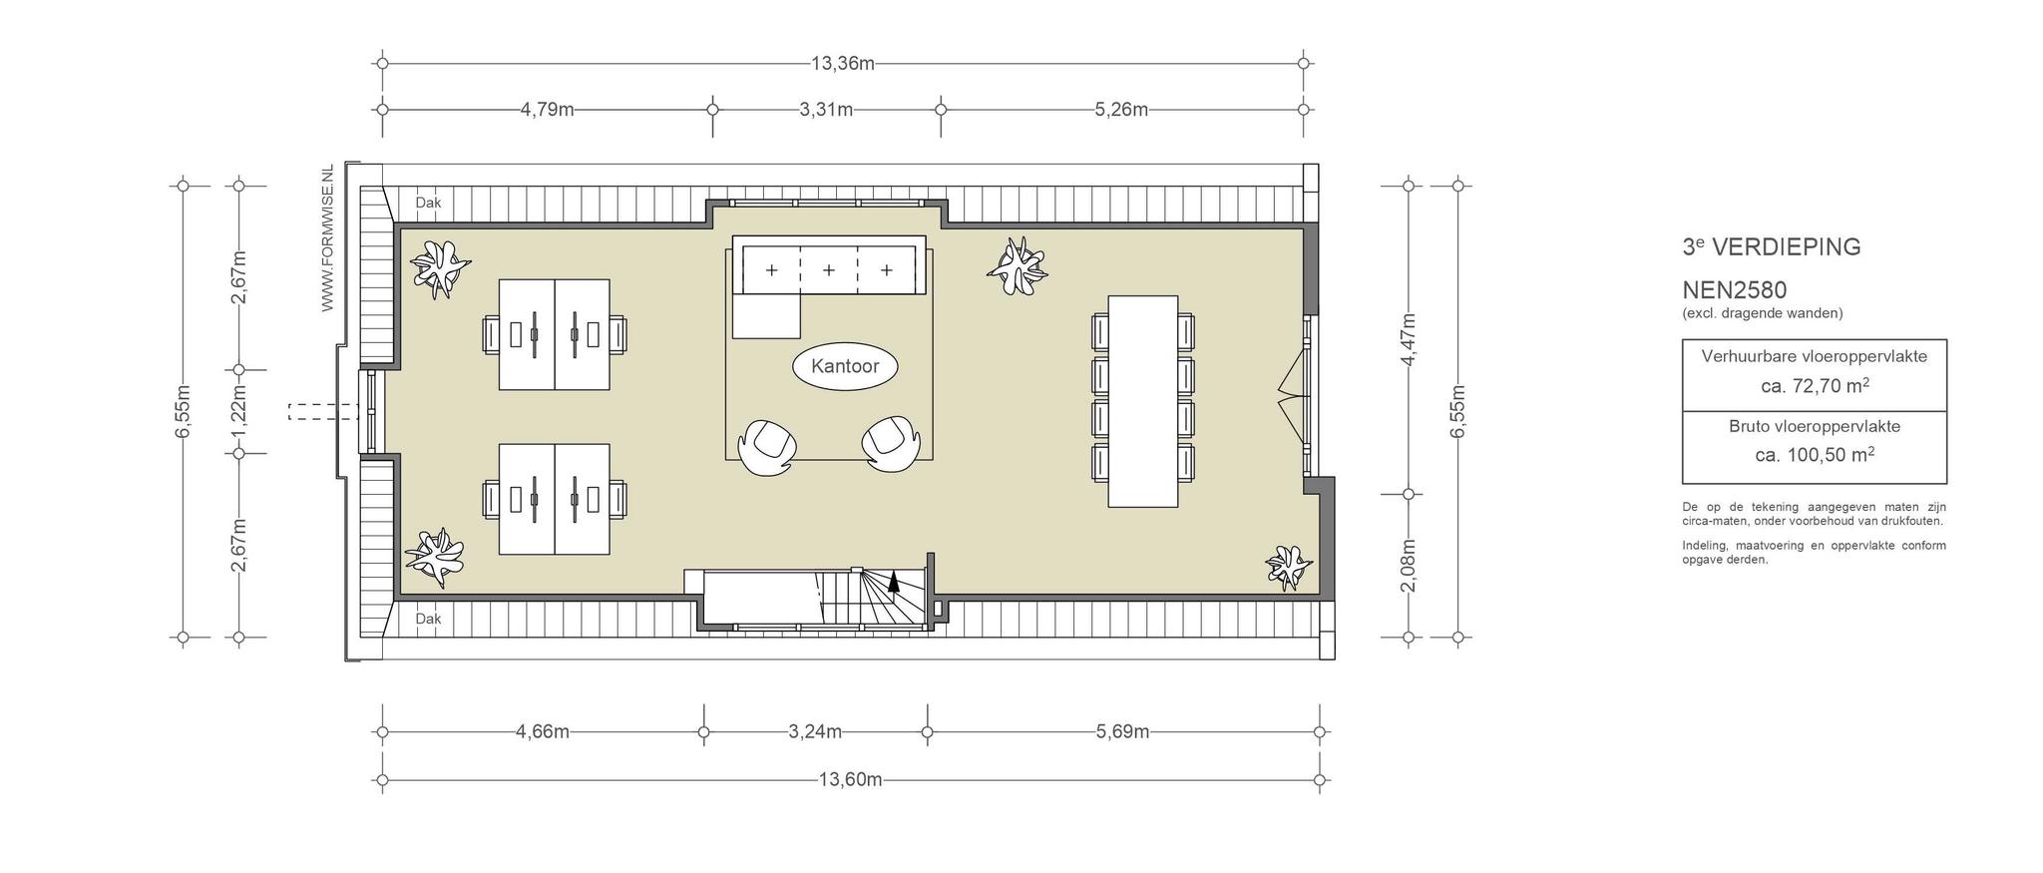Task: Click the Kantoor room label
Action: (845, 366)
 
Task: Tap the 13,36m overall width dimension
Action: (842, 64)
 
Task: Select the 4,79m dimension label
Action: (547, 110)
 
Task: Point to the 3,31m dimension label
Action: (826, 110)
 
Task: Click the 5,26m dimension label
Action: (1121, 110)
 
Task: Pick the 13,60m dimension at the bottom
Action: (850, 780)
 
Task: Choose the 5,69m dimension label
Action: (1122, 732)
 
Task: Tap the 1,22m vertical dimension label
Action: (238, 412)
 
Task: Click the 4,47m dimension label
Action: (1408, 340)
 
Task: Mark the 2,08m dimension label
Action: (1408, 566)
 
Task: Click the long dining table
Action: (1143, 401)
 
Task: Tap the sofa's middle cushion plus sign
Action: (828, 270)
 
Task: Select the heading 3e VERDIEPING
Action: (1771, 246)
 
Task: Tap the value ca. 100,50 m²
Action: (1815, 455)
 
